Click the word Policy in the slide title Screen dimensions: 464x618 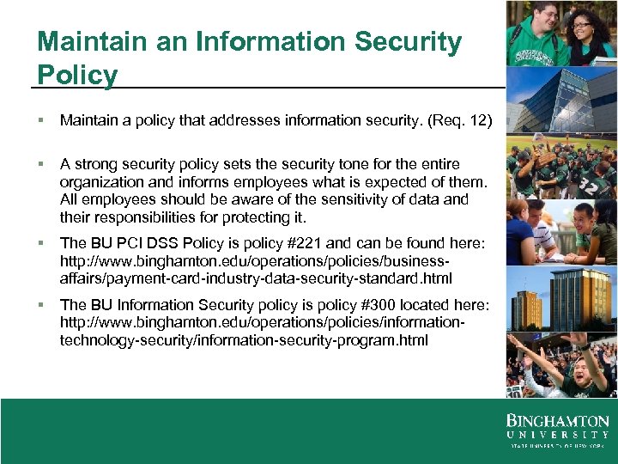point(78,75)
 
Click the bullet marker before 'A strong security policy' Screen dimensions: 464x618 point(41,164)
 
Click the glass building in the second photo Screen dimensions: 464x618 point(549,95)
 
